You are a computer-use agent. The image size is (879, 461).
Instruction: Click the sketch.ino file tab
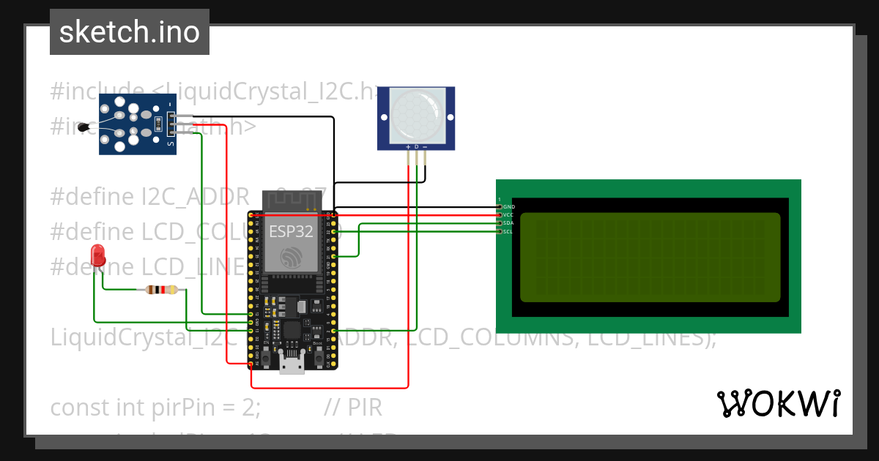tap(129, 32)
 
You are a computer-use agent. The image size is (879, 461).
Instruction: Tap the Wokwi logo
tap(778, 404)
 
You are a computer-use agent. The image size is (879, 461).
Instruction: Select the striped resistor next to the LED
tap(161, 290)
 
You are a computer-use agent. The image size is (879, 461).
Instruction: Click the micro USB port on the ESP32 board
tap(292, 364)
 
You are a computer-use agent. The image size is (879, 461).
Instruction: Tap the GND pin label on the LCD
tap(508, 207)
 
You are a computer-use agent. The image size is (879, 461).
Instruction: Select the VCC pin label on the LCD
tap(508, 215)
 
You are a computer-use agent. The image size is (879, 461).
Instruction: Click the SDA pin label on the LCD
tap(508, 223)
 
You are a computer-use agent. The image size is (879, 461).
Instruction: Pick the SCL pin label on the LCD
tap(508, 231)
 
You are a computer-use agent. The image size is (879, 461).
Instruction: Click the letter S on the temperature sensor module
tap(171, 144)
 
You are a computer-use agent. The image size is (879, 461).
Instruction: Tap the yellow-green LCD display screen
tap(650, 257)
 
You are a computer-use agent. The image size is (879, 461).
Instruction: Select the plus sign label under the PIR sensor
tap(408, 147)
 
